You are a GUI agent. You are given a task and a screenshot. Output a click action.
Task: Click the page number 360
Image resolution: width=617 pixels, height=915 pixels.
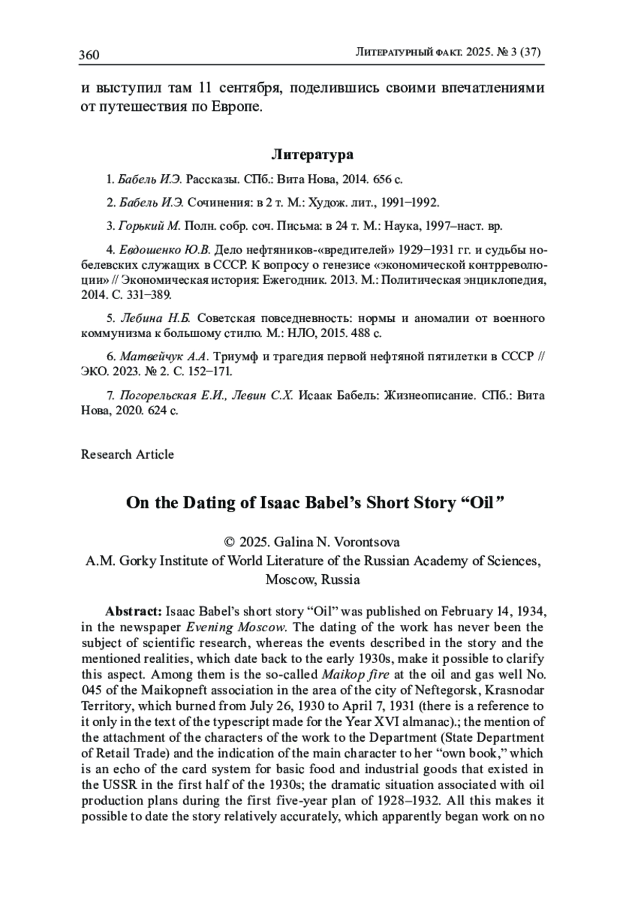89,54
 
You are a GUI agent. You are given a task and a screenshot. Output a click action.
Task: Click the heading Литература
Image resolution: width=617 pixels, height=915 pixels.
312,154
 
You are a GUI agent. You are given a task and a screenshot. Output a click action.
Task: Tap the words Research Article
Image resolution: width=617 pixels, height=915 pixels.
128,454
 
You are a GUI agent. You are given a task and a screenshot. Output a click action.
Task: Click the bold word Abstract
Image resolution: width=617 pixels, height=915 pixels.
134,611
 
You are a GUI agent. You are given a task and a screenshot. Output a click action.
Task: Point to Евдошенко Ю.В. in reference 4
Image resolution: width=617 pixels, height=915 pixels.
165,250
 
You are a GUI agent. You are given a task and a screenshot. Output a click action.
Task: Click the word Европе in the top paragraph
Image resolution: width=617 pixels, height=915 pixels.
238,107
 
